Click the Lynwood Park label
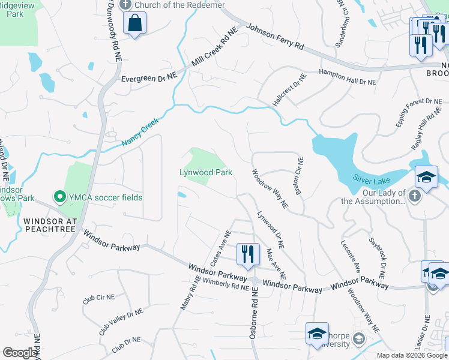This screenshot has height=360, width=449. click(x=206, y=172)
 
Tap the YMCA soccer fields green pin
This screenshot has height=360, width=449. click(x=59, y=197)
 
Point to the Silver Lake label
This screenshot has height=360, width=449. click(x=372, y=180)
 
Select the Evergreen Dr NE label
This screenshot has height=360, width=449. click(x=149, y=77)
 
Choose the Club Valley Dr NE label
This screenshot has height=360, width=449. click(x=121, y=322)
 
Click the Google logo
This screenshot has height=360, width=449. click(x=20, y=353)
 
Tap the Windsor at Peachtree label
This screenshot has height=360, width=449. click(x=50, y=225)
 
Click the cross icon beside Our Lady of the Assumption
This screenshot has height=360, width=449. click(x=414, y=195)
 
